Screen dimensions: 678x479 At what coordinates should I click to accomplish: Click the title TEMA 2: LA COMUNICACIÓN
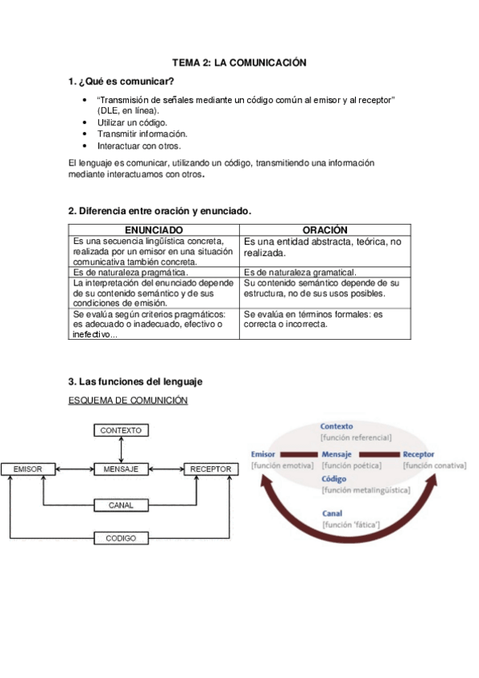pyautogui.click(x=239, y=62)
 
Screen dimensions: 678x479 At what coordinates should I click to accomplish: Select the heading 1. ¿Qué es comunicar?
pyautogui.click(x=121, y=82)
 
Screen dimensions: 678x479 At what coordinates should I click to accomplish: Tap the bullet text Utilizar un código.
pyautogui.click(x=132, y=122)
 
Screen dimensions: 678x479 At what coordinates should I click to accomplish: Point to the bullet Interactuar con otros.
pyautogui.click(x=139, y=146)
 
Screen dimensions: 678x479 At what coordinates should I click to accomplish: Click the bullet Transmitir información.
pyautogui.click(x=142, y=134)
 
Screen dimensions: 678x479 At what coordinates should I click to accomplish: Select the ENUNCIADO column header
pyautogui.click(x=154, y=230)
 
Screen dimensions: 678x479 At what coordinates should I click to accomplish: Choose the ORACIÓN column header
pyautogui.click(x=325, y=230)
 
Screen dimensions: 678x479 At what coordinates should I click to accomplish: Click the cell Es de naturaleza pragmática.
pyautogui.click(x=130, y=273)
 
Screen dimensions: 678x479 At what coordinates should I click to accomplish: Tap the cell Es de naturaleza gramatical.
pyautogui.click(x=300, y=273)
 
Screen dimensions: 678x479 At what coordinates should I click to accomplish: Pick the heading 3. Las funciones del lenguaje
pyautogui.click(x=136, y=381)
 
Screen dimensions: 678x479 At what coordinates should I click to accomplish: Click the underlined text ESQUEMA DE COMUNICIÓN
pyautogui.click(x=128, y=401)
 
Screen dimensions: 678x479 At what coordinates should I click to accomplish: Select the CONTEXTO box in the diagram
pyautogui.click(x=121, y=430)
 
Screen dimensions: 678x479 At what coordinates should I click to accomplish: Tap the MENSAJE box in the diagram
pyautogui.click(x=121, y=469)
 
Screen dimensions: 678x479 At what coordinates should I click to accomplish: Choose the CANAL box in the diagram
pyautogui.click(x=121, y=505)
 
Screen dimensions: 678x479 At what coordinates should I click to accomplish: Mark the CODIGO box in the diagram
pyautogui.click(x=121, y=538)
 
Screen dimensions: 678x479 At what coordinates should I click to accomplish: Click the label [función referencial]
pyautogui.click(x=356, y=438)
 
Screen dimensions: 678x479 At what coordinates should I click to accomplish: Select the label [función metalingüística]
pyautogui.click(x=365, y=489)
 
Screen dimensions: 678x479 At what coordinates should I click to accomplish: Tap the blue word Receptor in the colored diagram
pyautogui.click(x=419, y=454)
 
